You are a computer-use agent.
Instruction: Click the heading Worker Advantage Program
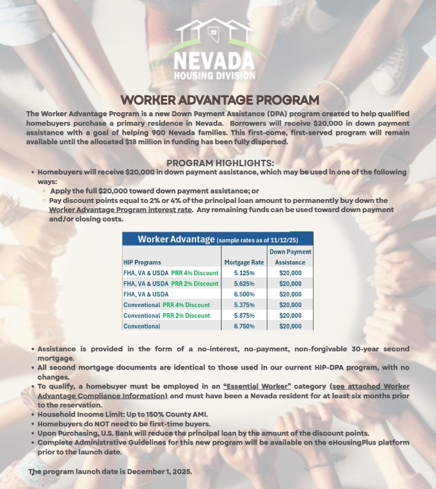click(220, 100)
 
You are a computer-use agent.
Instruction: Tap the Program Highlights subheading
click(220, 163)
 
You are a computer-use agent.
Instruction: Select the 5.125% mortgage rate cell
click(244, 273)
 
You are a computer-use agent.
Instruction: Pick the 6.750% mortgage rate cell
click(244, 326)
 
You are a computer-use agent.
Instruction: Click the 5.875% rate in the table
click(244, 316)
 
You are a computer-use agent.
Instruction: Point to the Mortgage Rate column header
click(244, 262)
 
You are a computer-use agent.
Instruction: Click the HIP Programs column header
click(142, 262)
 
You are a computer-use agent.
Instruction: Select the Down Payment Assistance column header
click(290, 257)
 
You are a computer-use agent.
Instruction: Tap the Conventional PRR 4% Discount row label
click(167, 305)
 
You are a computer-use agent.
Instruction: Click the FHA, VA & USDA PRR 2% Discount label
click(171, 284)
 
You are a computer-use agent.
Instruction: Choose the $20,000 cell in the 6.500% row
click(290, 294)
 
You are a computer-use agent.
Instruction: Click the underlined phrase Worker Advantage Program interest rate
click(120, 210)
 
